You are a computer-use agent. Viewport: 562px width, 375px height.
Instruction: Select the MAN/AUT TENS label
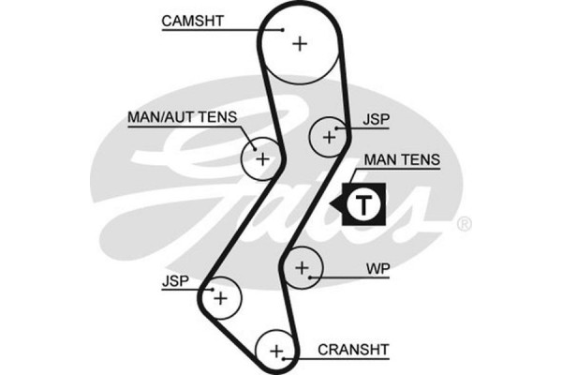tap(182, 117)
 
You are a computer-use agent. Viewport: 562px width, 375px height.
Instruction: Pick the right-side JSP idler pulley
tap(329, 137)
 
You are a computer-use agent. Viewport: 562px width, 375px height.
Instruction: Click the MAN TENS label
tap(402, 160)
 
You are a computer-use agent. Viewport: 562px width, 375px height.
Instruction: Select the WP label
tap(378, 269)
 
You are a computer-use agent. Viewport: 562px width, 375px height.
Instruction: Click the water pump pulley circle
tap(302, 269)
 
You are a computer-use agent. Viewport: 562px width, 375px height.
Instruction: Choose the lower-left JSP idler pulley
tap(221, 298)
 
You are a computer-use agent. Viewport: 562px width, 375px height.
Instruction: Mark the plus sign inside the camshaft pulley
tap(299, 42)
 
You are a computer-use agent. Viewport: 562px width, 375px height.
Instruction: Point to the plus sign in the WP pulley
tap(302, 269)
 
